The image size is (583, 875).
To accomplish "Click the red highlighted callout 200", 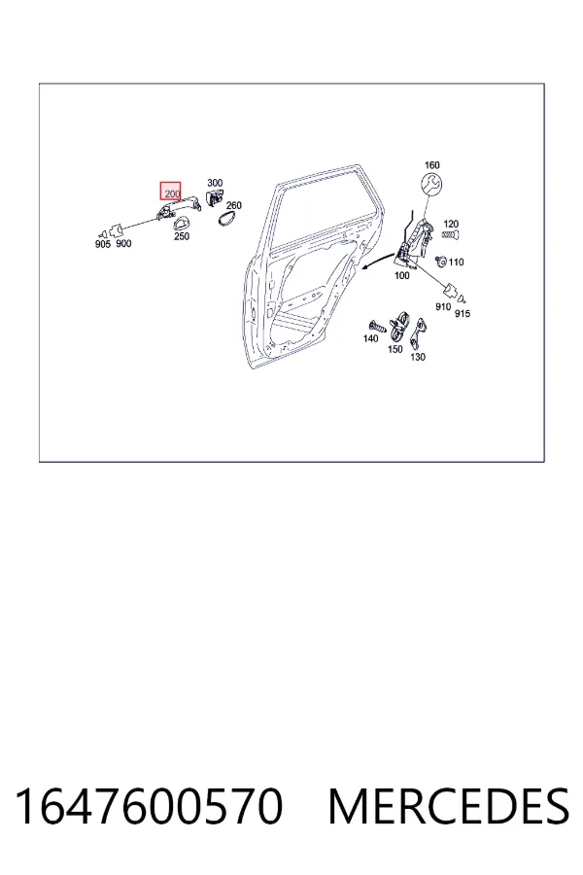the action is [x=170, y=192].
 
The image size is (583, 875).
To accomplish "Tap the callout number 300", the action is [x=214, y=183].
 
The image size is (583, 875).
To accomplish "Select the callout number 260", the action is [x=234, y=205].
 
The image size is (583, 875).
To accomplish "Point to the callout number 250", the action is [x=182, y=235].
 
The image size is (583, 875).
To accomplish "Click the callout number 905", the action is [x=103, y=244].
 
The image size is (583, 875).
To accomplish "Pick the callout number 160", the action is [x=431, y=165].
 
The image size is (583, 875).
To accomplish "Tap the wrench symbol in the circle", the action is [x=430, y=185].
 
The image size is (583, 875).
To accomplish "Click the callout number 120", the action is [x=451, y=225].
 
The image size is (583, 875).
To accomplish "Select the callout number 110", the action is [x=456, y=262].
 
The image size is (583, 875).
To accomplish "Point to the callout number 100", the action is [x=401, y=275].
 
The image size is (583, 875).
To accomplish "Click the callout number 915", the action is [x=463, y=313].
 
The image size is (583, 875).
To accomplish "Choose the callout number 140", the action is [x=370, y=338].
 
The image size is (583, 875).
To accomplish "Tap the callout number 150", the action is [x=395, y=349].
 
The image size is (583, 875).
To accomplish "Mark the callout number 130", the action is [x=418, y=357].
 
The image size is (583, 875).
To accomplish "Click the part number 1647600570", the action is [x=149, y=806].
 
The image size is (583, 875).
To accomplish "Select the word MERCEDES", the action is [x=449, y=806].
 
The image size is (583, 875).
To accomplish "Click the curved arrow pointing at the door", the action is [x=378, y=259].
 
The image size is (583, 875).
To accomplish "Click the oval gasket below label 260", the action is [x=227, y=218].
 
